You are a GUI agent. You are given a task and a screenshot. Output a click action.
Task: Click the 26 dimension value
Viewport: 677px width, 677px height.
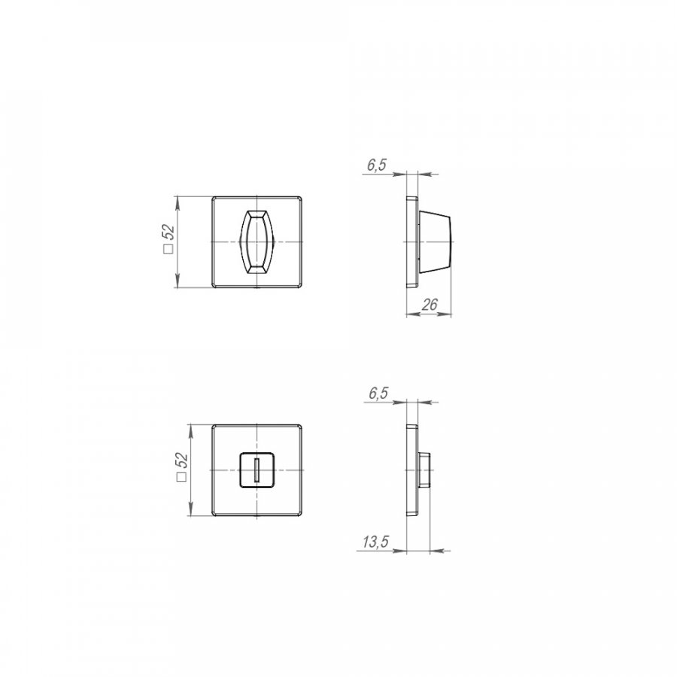click(x=430, y=305)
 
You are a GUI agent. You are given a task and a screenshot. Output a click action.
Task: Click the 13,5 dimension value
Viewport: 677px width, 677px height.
click(x=375, y=542)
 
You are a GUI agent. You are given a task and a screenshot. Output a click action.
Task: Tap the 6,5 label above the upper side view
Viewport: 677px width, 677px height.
click(x=377, y=165)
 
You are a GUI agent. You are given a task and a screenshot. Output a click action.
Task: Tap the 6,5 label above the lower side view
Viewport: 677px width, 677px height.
click(x=378, y=393)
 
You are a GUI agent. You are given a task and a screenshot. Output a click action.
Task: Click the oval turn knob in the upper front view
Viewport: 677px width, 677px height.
click(x=257, y=241)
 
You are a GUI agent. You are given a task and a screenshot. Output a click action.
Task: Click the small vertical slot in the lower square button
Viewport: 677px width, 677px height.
click(x=257, y=470)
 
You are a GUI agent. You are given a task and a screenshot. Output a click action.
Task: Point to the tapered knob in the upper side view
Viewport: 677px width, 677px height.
click(x=435, y=241)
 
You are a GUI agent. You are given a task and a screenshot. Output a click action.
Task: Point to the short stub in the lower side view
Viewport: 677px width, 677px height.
click(x=424, y=469)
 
